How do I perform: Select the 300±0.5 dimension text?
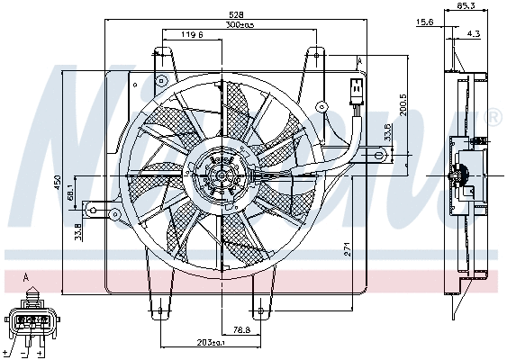click(239, 25)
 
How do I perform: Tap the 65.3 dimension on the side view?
click(466, 6)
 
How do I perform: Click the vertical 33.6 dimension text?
click(389, 132)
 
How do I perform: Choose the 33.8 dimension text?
click(78, 230)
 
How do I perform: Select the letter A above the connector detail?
click(25, 276)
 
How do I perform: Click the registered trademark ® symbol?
click(494, 117)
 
